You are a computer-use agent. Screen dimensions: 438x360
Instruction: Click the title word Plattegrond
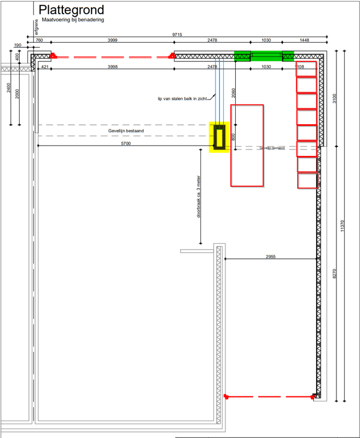tap(71, 10)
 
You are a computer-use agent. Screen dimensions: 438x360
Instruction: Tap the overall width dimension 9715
tap(177, 34)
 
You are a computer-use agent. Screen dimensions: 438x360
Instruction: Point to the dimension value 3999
tap(112, 41)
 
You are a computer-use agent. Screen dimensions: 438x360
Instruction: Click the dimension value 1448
tap(304, 41)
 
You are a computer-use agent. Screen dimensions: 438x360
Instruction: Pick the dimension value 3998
tap(112, 66)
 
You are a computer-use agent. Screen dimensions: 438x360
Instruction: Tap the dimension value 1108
tap(300, 66)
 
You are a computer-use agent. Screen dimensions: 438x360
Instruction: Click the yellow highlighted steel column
tap(220, 137)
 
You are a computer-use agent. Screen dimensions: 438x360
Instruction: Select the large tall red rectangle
tap(247, 145)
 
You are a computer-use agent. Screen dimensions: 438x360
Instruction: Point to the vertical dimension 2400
tap(8, 88)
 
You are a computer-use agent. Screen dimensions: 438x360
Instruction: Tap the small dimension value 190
tap(18, 46)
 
